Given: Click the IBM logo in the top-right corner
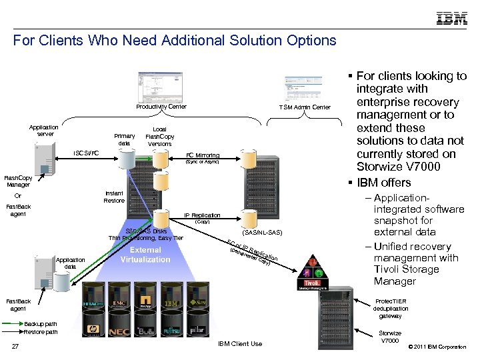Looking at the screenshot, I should [451, 18].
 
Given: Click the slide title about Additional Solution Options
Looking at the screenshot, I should [175, 41].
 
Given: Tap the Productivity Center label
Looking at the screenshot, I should [161, 107].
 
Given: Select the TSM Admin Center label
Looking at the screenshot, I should [305, 107].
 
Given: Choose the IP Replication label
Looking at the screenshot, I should [202, 215].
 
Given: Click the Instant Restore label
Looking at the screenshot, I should [115, 196].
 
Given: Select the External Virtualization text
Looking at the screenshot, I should [145, 255].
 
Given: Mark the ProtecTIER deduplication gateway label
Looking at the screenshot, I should [390, 308].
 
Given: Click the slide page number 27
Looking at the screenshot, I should [15, 345].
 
